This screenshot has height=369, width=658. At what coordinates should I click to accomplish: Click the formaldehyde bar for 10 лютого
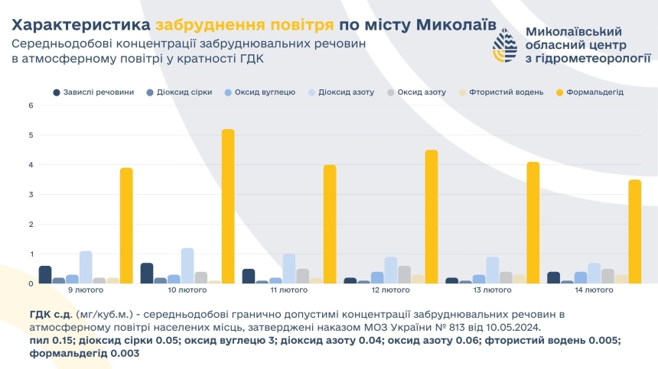(x=228, y=206)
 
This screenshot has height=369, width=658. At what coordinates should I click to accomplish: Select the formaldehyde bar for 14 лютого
(x=634, y=231)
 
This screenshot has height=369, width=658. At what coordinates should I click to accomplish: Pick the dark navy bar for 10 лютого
(x=147, y=273)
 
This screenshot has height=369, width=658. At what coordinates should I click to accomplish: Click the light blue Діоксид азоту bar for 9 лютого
(x=86, y=267)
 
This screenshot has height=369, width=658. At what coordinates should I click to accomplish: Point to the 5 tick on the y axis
(x=31, y=135)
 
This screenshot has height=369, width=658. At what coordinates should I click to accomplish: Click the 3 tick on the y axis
(x=31, y=195)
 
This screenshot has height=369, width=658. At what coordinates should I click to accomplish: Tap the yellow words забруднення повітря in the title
(x=243, y=24)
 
